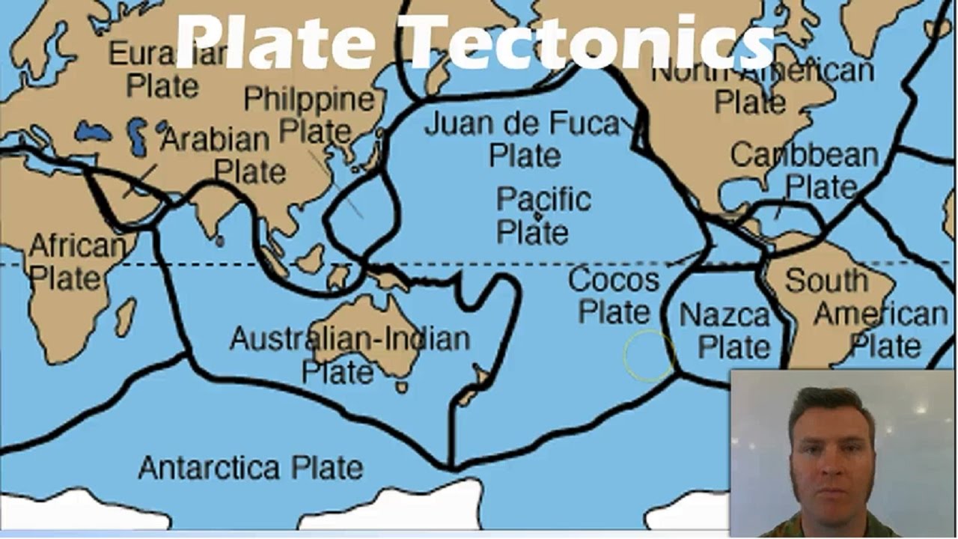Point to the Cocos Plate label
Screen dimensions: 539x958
[x=614, y=296]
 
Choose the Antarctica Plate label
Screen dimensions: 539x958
[x=251, y=468]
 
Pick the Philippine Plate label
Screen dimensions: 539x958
[x=309, y=115]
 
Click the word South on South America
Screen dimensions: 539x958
[x=826, y=281]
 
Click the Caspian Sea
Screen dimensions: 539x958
[x=138, y=135]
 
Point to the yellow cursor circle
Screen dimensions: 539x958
[x=648, y=356]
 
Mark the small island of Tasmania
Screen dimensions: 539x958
[x=402, y=387]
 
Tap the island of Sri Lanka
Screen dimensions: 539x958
[x=219, y=241]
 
